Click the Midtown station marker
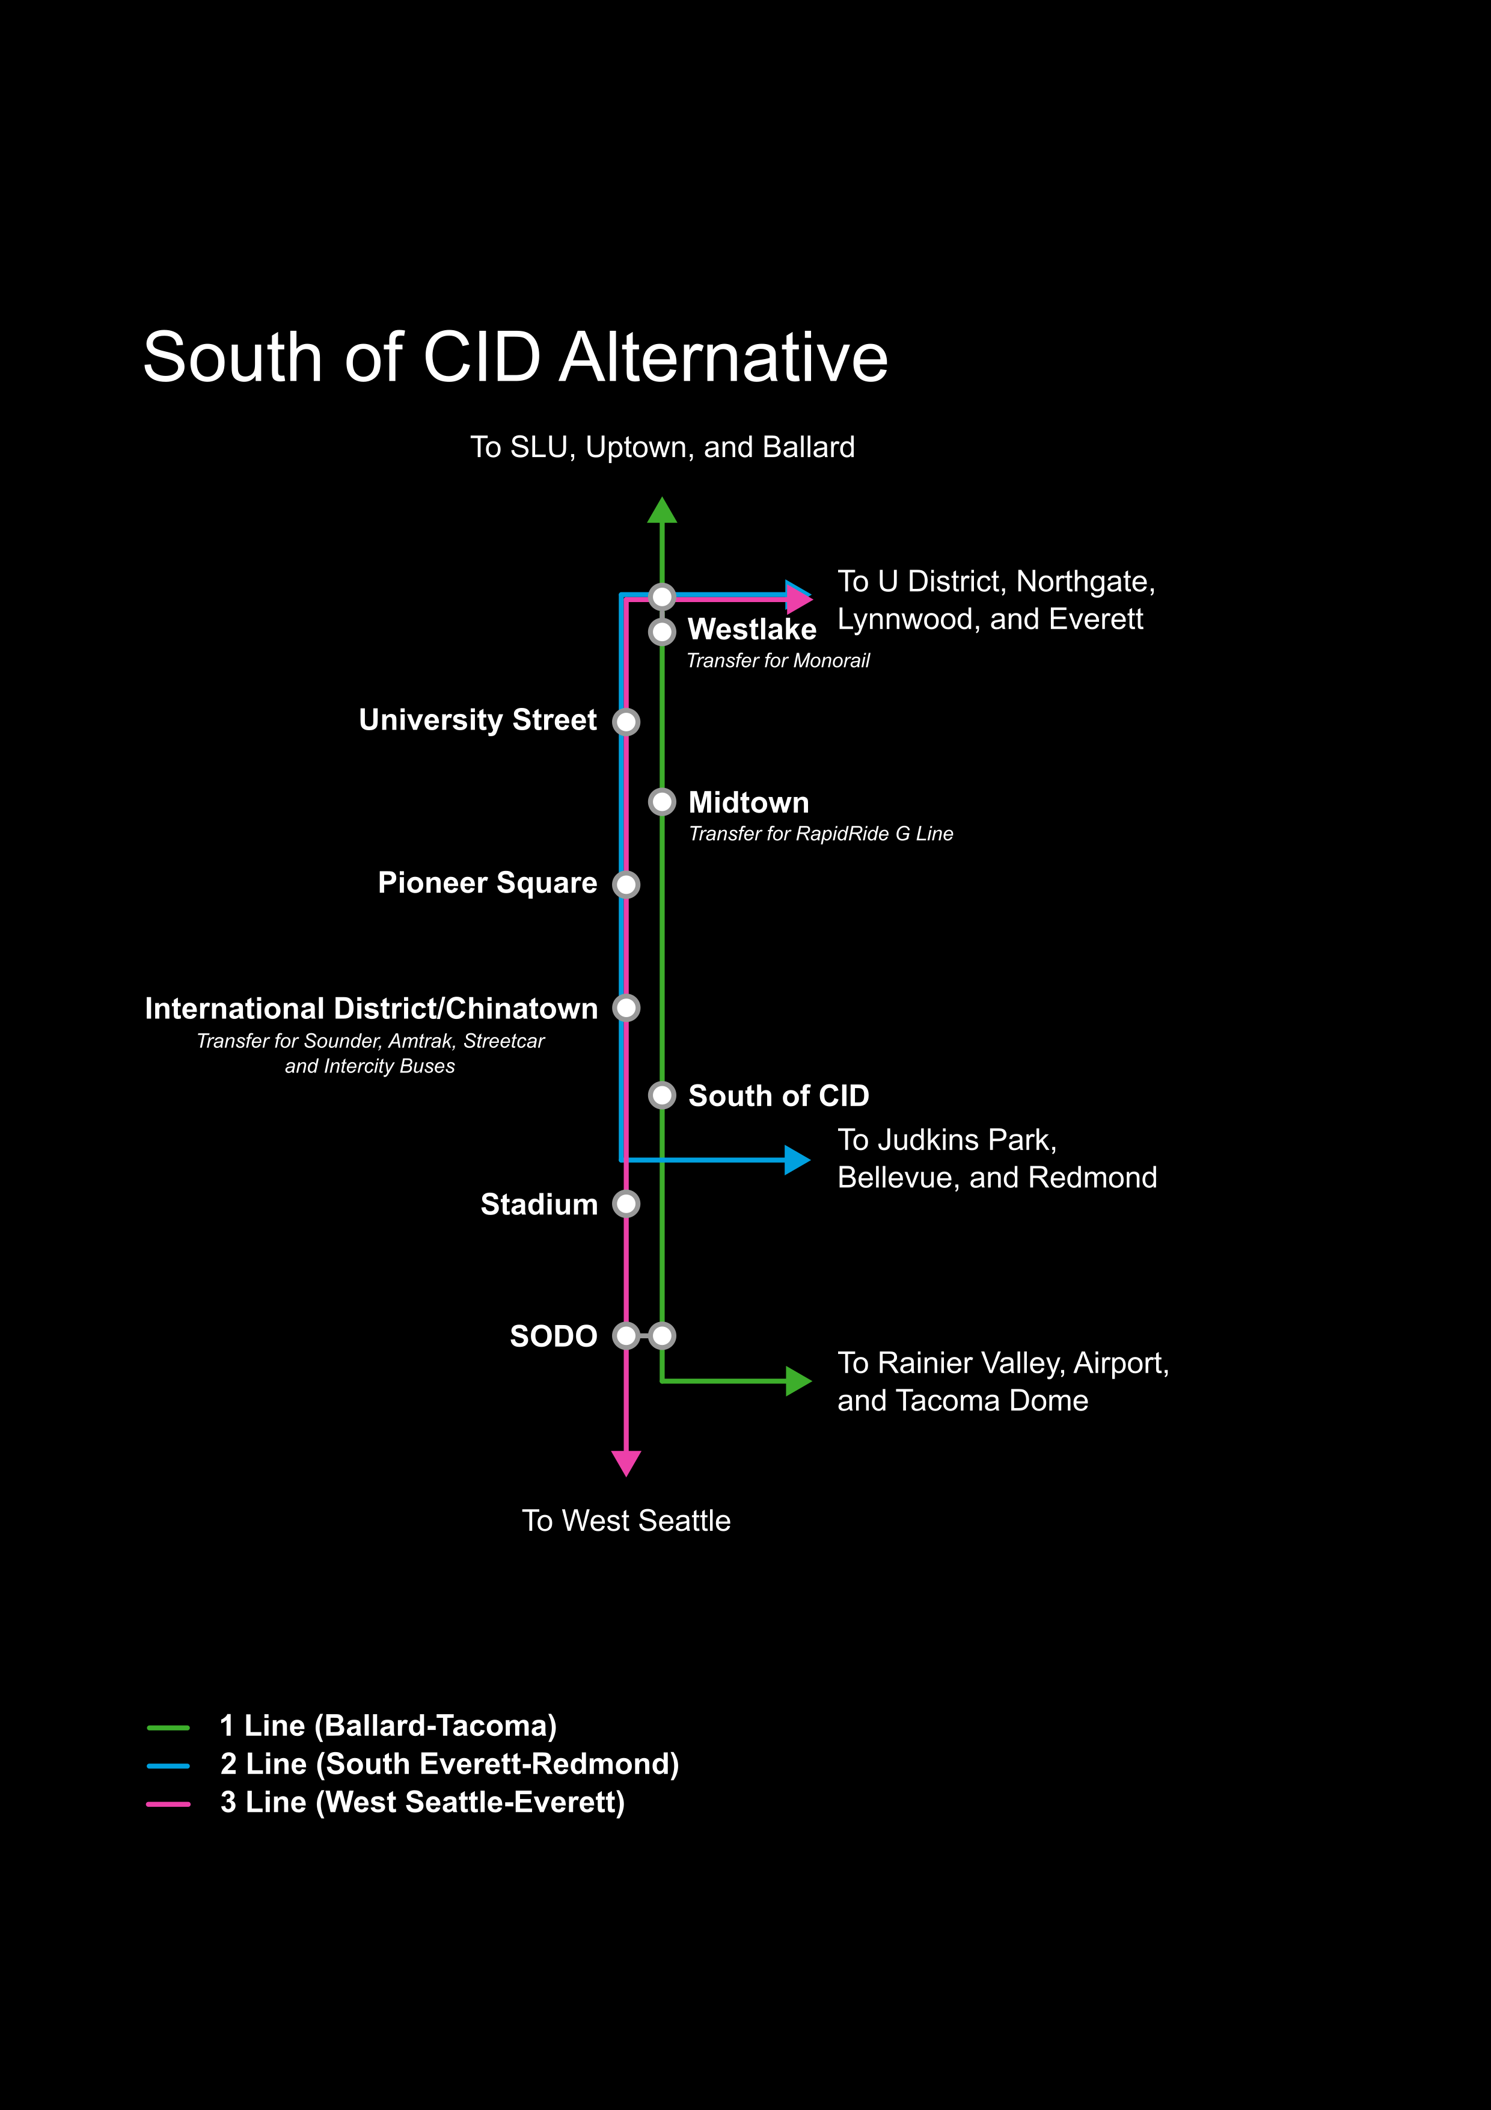(661, 802)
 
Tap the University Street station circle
(626, 721)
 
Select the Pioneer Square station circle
(626, 884)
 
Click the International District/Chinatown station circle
(626, 1008)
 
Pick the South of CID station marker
(661, 1095)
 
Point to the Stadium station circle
(626, 1204)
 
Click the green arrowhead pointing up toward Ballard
(661, 511)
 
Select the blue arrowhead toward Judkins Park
(797, 1160)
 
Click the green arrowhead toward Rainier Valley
(797, 1380)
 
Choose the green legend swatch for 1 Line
(168, 1727)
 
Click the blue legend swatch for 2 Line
(168, 1765)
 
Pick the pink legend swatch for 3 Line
(168, 1804)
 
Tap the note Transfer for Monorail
(777, 661)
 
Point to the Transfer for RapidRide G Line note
(821, 834)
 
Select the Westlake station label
(752, 630)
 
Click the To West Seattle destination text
(626, 1521)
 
